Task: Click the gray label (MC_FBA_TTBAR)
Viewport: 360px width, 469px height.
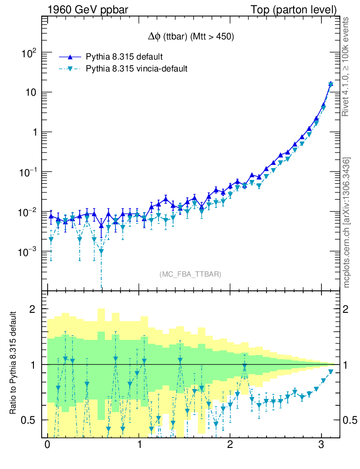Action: pos(191,274)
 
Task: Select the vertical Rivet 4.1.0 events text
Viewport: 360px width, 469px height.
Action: pos(346,67)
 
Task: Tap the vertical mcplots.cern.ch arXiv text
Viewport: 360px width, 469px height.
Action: pos(346,223)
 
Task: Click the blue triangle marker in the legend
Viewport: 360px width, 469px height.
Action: pos(70,57)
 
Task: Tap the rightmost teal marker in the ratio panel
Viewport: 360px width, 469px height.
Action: pos(331,371)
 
